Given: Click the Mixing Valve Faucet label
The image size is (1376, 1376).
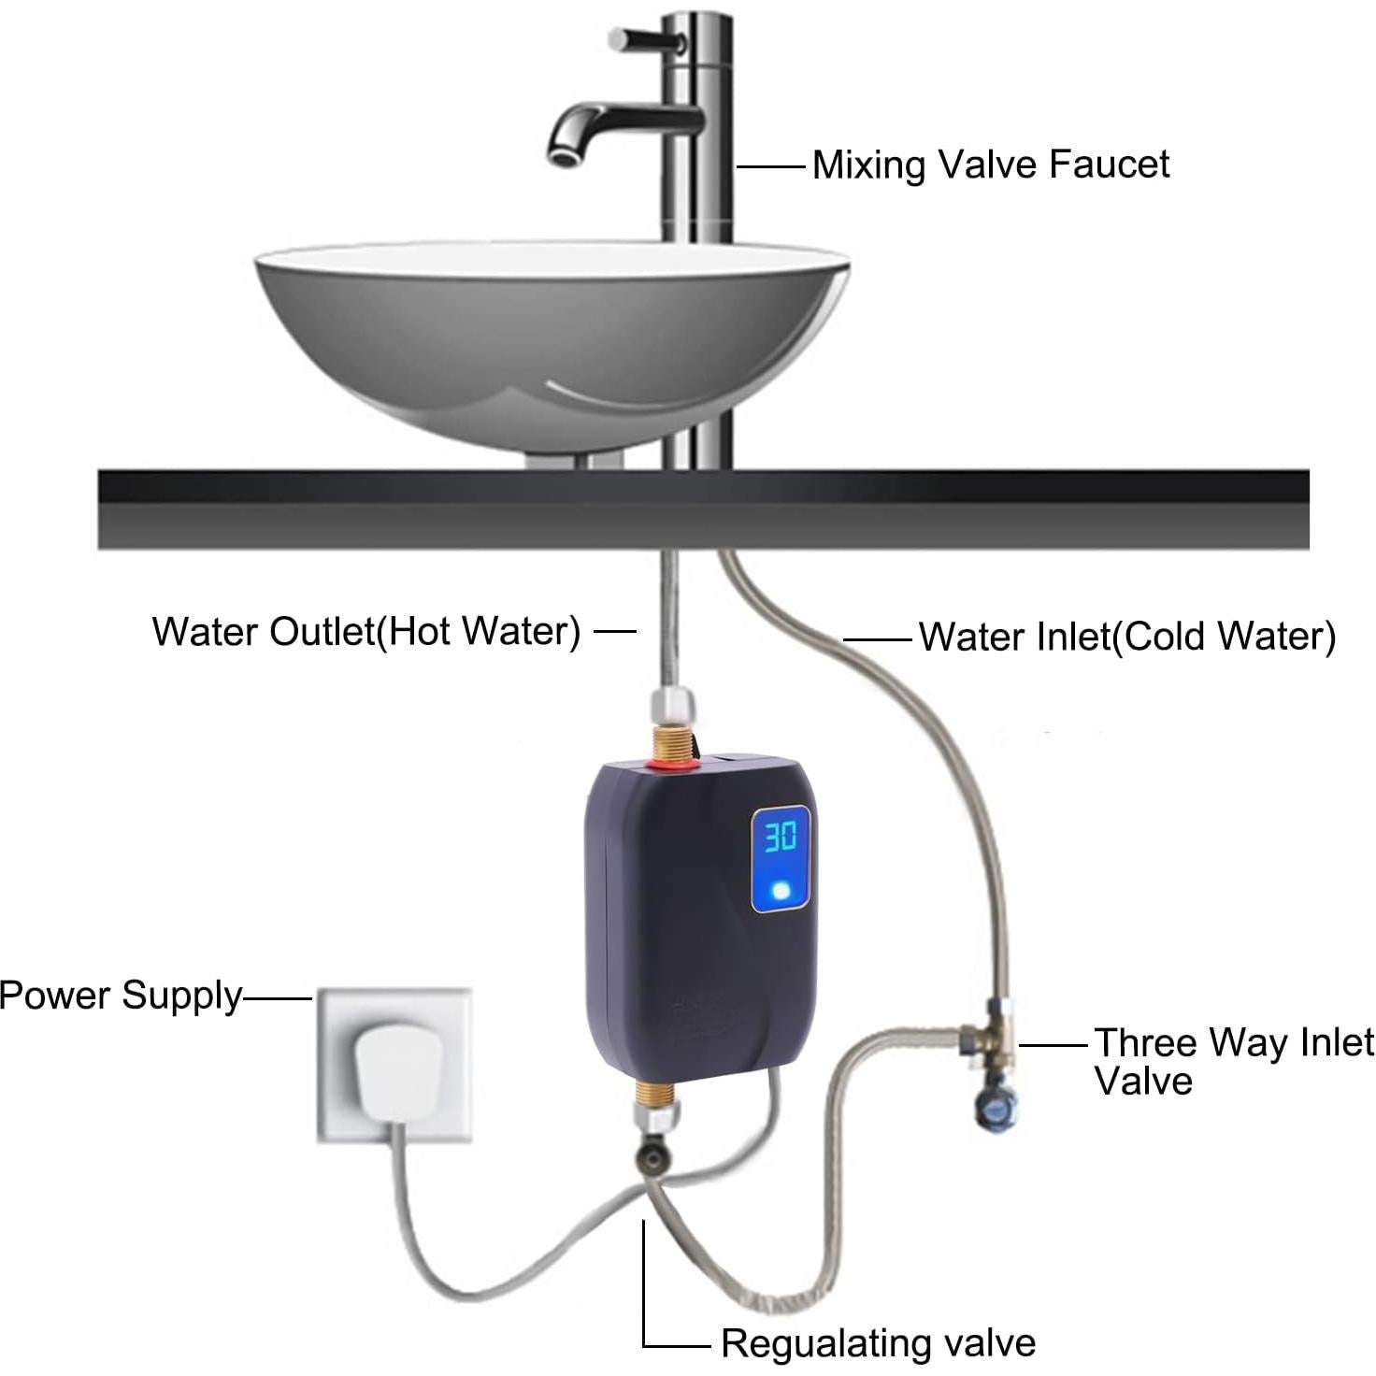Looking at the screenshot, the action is pos(990,165).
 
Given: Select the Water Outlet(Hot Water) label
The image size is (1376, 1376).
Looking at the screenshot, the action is pos(366,631).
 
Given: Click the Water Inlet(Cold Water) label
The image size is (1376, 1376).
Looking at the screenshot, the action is pos(1126,637).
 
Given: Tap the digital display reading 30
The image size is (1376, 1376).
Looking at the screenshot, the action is pos(781,837).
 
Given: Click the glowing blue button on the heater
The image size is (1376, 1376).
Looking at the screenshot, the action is pos(781,891).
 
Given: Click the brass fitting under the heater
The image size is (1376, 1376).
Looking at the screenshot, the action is pos(658,1094).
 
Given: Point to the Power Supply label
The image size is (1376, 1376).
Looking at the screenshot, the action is pos(121,996).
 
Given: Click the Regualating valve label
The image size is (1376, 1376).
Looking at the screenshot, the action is pos(878,1343).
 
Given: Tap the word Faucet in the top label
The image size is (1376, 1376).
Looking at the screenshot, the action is pos(1109,165).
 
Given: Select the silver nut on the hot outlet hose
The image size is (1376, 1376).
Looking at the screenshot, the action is pos(673,703).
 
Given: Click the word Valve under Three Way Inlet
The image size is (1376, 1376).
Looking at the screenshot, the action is pos(1143,1082).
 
